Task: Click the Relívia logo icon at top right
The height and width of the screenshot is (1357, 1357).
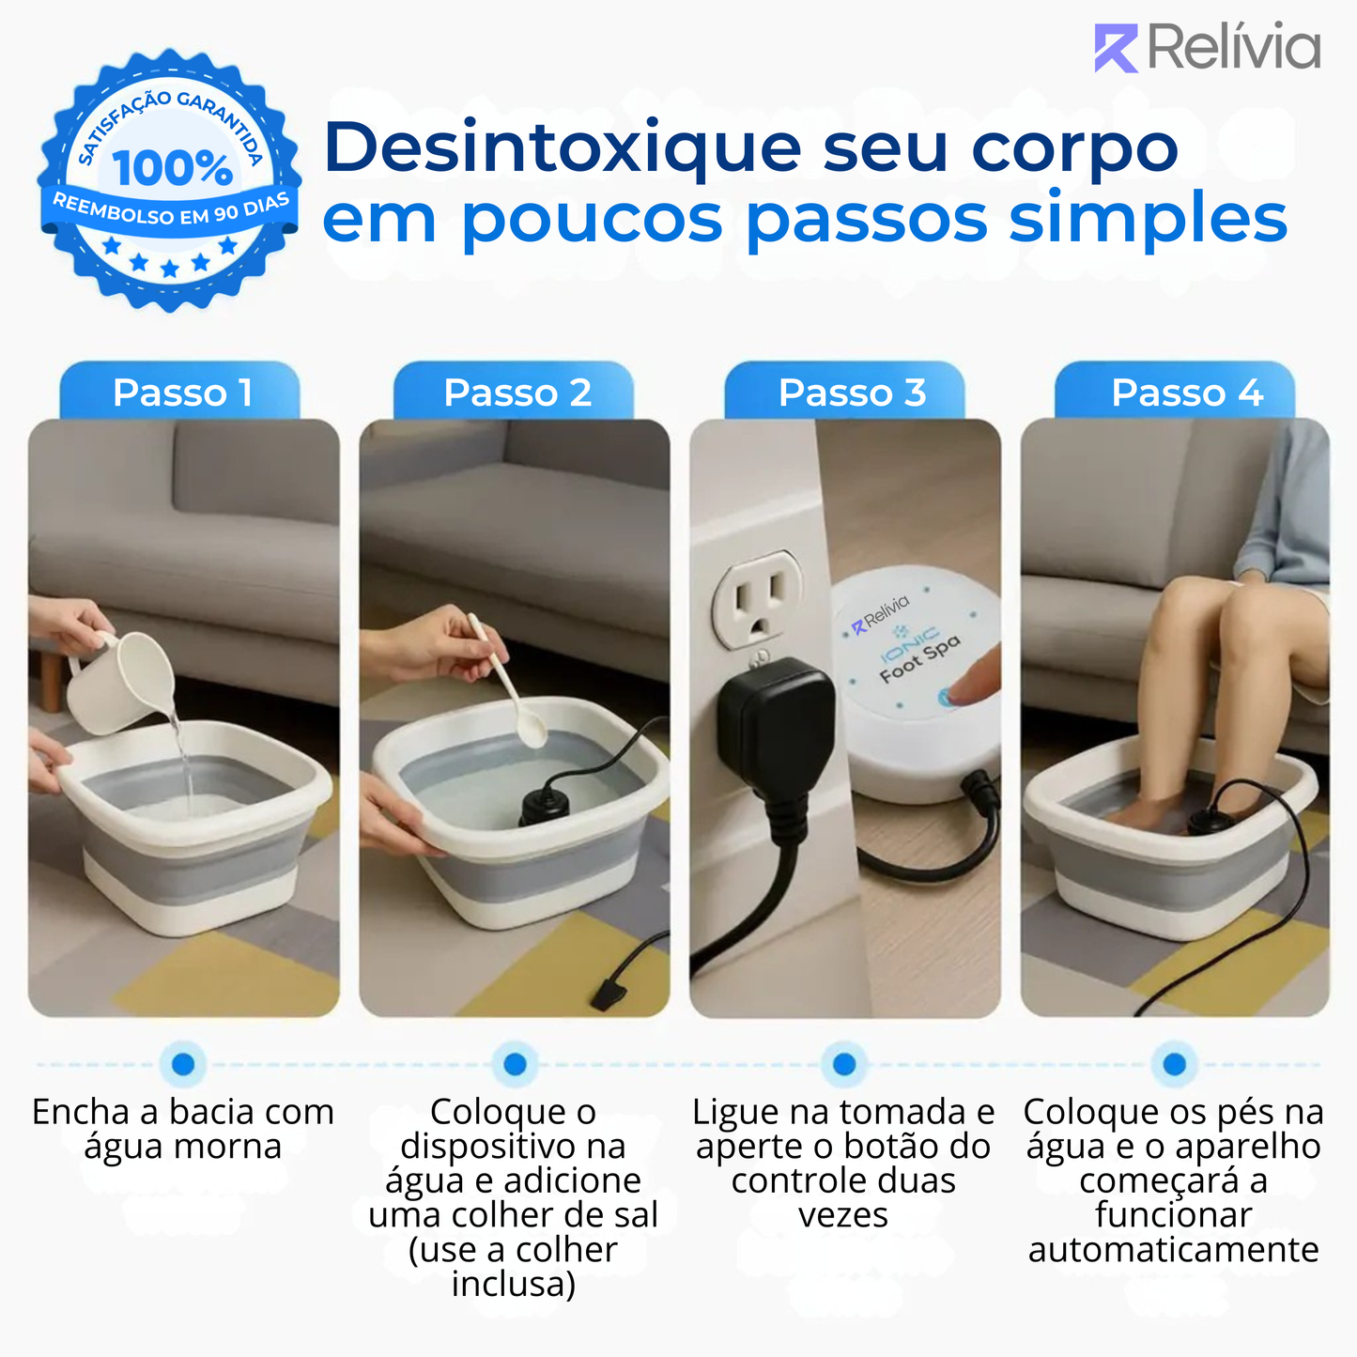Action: coord(1115,48)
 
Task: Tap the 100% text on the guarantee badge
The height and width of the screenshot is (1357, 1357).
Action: coord(172,169)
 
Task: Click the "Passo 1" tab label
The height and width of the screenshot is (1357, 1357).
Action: coord(182,393)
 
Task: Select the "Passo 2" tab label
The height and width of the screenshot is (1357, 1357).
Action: coord(517,393)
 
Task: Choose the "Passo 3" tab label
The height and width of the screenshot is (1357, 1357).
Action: coord(852,393)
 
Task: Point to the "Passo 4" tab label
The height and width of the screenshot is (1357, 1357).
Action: coord(1187,393)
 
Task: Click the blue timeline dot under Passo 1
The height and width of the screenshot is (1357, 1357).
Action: coord(183,1064)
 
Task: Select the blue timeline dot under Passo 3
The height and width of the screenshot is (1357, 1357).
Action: coord(844,1064)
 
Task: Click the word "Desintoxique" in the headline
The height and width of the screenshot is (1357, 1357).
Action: coord(562,149)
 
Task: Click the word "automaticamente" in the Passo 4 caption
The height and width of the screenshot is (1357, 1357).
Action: coord(1173,1250)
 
